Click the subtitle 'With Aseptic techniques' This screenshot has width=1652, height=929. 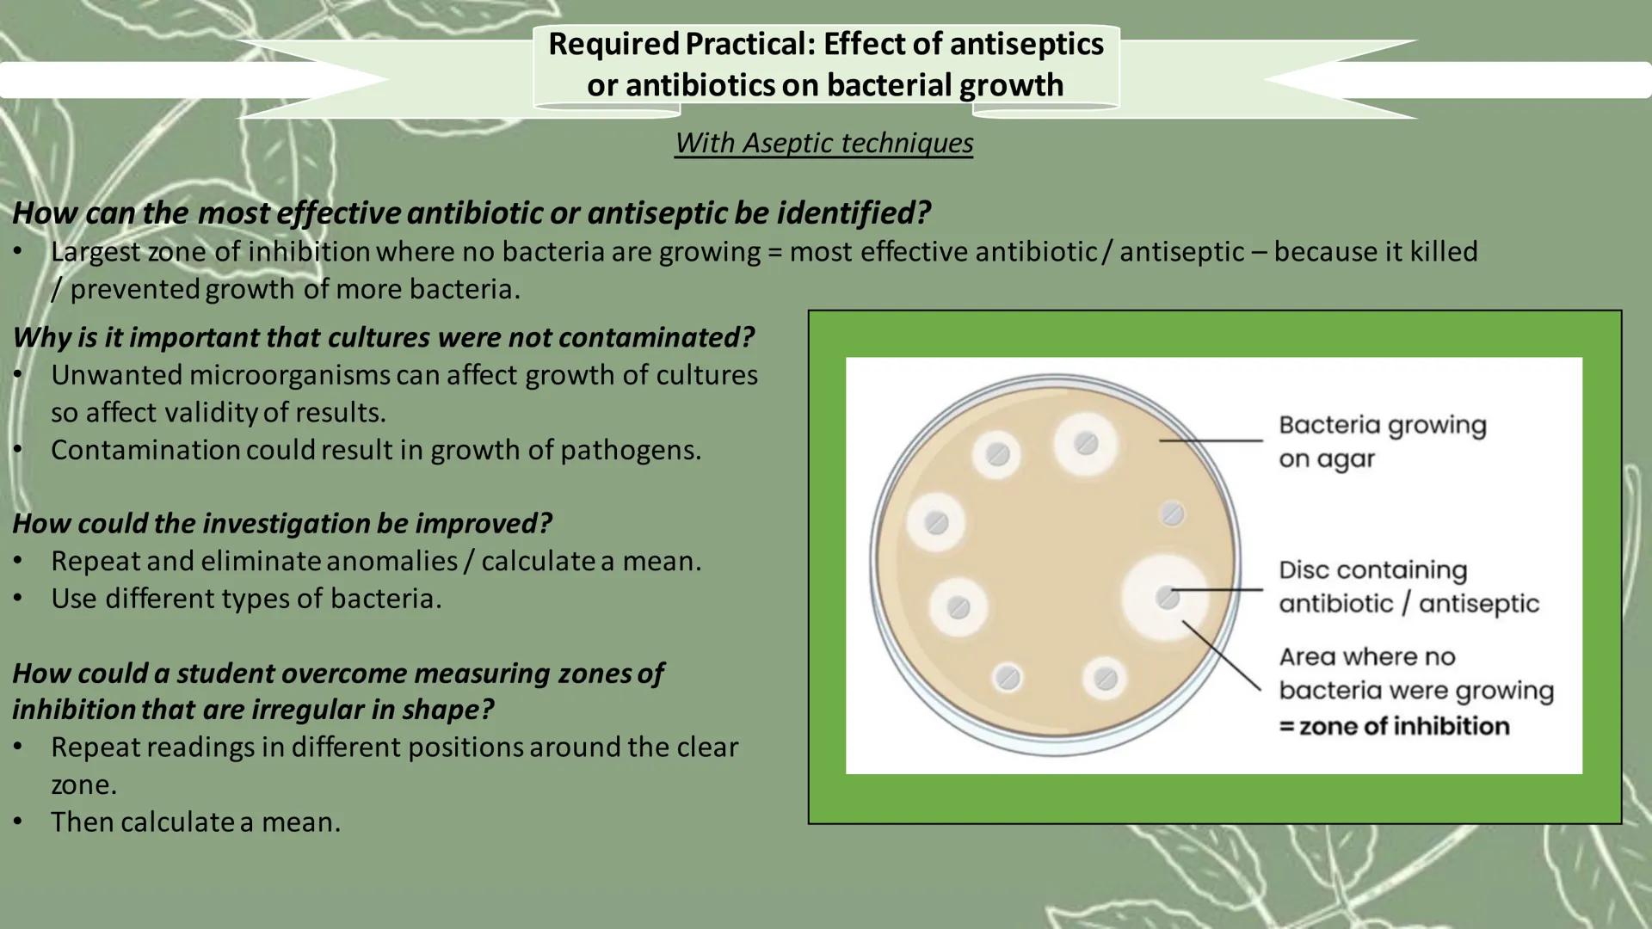(823, 143)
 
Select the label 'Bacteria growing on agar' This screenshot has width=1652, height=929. (1381, 441)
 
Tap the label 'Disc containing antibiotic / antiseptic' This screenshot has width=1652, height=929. (1408, 587)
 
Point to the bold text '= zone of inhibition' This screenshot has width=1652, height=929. (1394, 726)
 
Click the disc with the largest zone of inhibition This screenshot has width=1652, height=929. (1168, 596)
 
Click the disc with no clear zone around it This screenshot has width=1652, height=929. (1172, 514)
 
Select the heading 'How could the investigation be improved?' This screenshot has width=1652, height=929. (282, 523)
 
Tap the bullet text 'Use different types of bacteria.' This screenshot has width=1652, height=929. (246, 598)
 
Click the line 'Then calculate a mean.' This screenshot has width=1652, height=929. (195, 821)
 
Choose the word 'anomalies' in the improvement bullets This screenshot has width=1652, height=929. (392, 561)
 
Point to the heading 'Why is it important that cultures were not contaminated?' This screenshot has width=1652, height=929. (383, 337)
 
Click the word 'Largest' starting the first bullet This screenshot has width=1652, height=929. (95, 251)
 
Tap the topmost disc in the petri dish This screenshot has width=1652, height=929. (1086, 444)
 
